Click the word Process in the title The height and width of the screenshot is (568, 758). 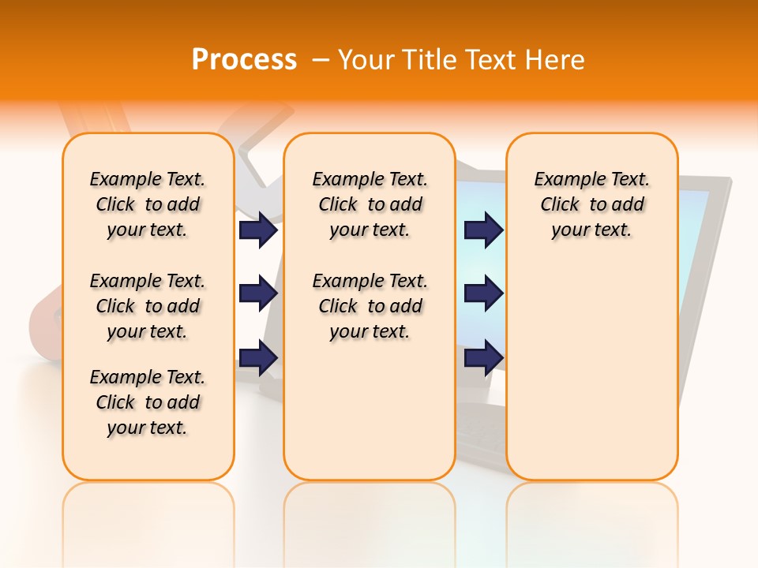(x=244, y=60)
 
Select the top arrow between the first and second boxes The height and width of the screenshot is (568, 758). (x=257, y=230)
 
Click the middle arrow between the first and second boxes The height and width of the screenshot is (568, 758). (x=257, y=293)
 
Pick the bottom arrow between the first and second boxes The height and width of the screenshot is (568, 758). (x=257, y=357)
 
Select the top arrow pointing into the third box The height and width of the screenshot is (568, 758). (x=483, y=230)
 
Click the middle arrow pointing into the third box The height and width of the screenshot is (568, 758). (x=483, y=293)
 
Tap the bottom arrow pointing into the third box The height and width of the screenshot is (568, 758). (x=483, y=357)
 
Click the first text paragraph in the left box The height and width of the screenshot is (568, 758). (x=148, y=204)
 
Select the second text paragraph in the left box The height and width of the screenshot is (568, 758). (x=148, y=306)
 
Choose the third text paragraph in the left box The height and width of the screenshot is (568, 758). (x=148, y=402)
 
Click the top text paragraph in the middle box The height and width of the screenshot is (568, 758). (x=370, y=204)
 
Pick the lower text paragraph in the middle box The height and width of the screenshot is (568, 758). (x=370, y=306)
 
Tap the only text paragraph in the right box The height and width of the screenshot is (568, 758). (x=591, y=204)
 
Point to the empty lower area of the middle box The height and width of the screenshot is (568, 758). (x=370, y=410)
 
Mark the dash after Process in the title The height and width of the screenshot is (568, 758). (x=321, y=60)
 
